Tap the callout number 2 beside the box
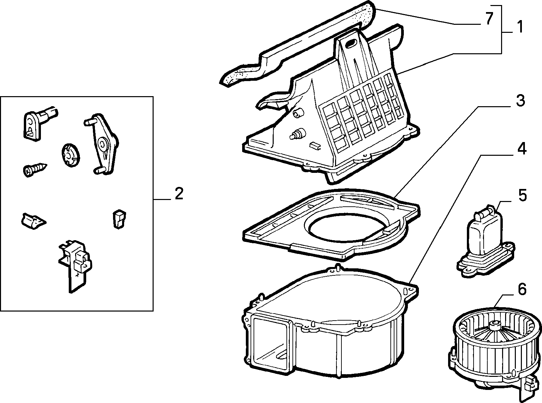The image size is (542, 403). click(179, 194)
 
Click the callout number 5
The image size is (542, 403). click(522, 195)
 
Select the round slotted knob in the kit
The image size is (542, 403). click(71, 155)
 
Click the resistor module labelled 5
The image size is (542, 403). click(485, 242)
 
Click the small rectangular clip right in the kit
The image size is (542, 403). click(119, 219)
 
